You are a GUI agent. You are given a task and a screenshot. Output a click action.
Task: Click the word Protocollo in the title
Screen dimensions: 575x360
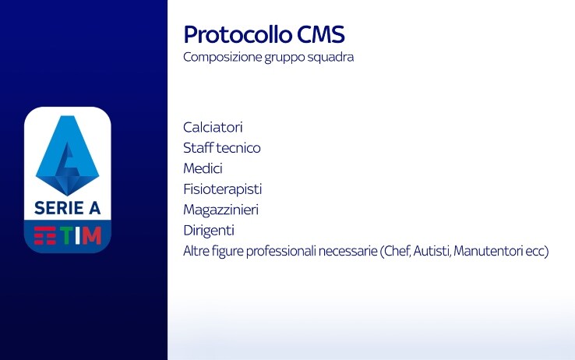point(238,34)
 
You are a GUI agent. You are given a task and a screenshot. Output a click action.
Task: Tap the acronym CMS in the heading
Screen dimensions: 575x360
point(321,34)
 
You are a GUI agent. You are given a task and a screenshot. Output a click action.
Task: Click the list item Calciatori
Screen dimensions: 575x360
point(213,128)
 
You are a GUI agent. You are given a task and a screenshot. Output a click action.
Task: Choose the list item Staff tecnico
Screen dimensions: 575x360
point(222,148)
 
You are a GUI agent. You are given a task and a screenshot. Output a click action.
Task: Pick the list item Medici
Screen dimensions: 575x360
point(203,168)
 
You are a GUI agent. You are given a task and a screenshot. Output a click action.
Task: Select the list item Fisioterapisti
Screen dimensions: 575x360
point(223,189)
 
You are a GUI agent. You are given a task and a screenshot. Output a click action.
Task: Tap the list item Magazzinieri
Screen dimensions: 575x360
point(220,210)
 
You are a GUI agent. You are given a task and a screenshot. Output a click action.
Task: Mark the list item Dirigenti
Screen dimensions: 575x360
point(209,231)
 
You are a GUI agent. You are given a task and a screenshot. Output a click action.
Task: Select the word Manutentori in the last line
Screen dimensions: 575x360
point(488,252)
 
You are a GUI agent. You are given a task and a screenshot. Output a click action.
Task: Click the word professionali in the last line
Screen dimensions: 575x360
point(280,252)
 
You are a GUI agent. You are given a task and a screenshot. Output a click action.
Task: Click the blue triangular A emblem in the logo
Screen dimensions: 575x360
point(68,155)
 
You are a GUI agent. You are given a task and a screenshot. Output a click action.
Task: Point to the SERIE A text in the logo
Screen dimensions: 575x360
point(68,208)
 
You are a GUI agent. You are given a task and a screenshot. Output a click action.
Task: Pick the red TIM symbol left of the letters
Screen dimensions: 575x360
point(45,235)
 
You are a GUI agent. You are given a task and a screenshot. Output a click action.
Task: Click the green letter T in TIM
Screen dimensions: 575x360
point(66,235)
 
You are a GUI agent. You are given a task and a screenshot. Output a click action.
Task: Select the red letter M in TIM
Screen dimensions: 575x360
point(92,235)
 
